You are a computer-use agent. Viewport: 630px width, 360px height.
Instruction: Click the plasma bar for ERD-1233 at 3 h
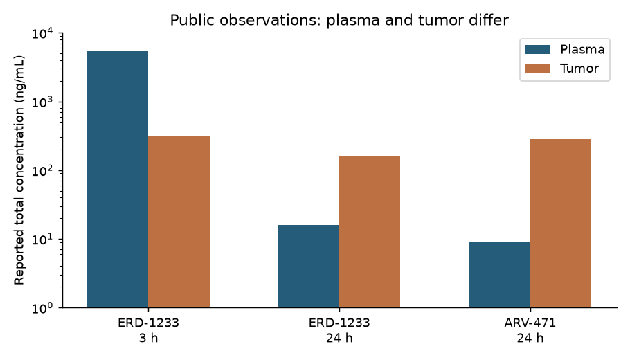click(118, 179)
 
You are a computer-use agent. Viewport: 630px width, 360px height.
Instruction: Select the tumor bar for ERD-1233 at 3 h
click(179, 222)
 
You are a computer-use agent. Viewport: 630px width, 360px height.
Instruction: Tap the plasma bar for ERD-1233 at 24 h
click(309, 267)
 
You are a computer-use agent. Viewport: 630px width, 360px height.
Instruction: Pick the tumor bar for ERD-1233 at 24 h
click(370, 232)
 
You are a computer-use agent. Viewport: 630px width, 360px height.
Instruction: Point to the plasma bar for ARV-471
click(500, 276)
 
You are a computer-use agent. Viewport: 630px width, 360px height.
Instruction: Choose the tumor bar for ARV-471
click(561, 224)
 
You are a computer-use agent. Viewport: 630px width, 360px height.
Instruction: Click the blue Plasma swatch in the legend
click(538, 49)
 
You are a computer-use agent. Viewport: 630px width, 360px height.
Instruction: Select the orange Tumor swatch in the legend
click(538, 69)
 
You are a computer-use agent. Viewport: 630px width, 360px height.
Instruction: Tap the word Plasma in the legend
click(583, 49)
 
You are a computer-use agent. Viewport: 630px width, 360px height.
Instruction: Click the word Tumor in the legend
click(579, 69)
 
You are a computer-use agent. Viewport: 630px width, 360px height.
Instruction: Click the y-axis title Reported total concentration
click(19, 170)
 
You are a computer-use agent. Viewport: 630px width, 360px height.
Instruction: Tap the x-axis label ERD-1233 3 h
click(148, 330)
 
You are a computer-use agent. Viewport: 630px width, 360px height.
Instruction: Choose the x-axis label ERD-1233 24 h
click(339, 330)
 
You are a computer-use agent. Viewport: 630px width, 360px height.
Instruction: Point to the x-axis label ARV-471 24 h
click(530, 330)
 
